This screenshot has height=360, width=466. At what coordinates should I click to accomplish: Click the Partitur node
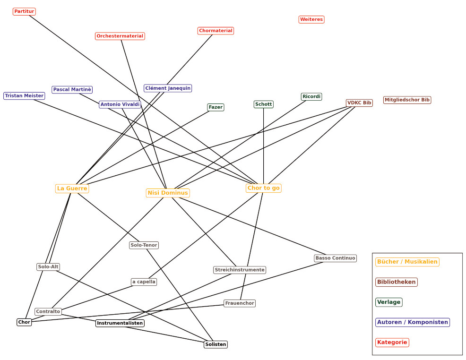coord(24,11)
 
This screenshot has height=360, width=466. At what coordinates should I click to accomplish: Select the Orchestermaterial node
coord(120,36)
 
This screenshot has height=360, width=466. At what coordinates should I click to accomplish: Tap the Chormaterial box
coord(216,31)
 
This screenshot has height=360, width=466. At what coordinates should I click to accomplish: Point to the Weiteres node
coord(311,19)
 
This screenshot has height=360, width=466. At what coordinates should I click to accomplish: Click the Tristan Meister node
coord(24,96)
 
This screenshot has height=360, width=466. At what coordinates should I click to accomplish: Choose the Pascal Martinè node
coord(72,89)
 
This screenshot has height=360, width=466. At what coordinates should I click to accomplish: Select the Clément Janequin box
coord(168,88)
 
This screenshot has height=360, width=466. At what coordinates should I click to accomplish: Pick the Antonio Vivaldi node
coord(120,104)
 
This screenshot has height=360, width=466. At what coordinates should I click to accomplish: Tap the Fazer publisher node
coord(216,107)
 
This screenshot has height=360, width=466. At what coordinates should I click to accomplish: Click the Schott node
coord(264,104)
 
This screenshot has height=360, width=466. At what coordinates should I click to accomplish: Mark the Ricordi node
coord(311,96)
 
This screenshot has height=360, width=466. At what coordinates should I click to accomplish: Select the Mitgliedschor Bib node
coord(407,100)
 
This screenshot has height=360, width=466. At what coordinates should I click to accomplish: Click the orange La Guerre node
coord(72,189)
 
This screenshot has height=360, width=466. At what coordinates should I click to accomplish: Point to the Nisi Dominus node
coord(168,193)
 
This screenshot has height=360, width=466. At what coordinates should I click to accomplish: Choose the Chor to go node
coord(264,188)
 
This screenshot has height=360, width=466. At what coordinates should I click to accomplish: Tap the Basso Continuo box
coord(335,258)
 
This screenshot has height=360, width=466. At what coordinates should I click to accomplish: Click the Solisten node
coord(216,344)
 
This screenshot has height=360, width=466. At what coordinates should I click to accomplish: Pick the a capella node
coord(144,282)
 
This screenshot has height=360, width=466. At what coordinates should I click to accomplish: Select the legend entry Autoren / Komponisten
coord(413,322)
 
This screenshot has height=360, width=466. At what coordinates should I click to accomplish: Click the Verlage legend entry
coord(389,302)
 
